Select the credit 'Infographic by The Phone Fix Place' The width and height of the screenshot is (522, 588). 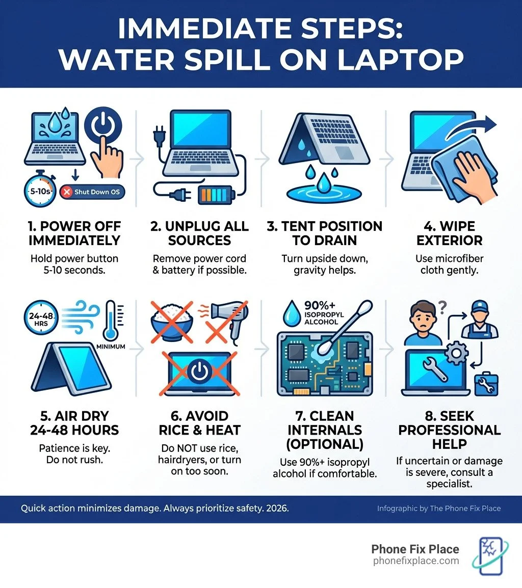(x=439, y=508)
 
